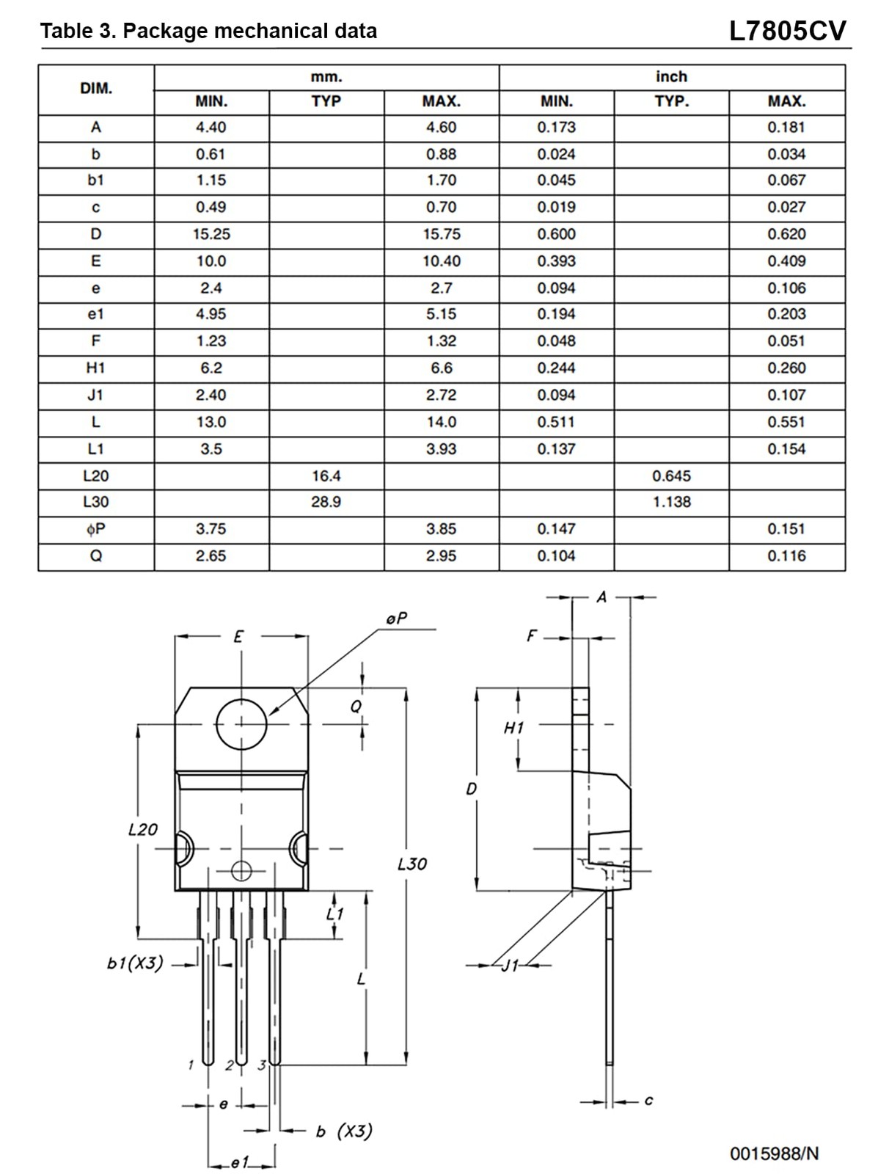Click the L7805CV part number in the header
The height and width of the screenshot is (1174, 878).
tap(787, 31)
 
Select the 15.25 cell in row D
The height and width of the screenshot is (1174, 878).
tap(211, 234)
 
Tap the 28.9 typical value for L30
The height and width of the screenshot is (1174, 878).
tap(326, 502)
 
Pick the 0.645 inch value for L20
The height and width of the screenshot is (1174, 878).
tap(671, 475)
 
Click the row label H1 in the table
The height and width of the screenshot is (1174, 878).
tap(95, 368)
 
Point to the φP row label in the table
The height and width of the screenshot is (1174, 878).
tap(95, 529)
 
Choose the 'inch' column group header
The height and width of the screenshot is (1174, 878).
tap(672, 77)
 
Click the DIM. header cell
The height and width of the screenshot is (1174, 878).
tap(95, 89)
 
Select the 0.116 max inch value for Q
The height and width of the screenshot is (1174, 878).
tap(786, 555)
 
